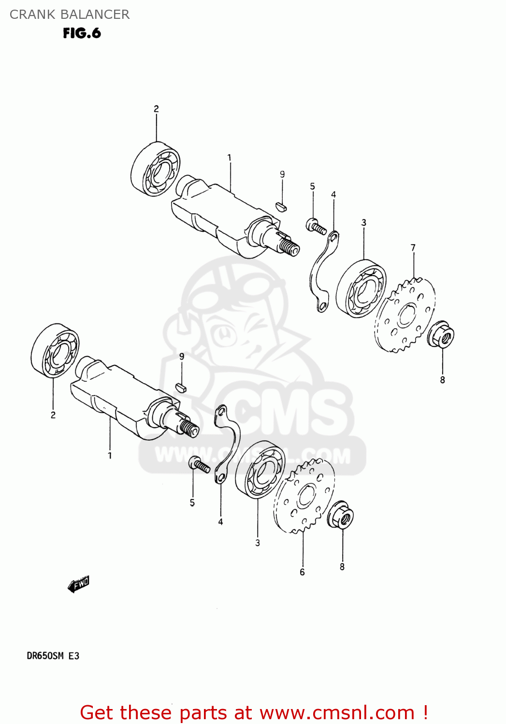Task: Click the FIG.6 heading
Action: coord(82,33)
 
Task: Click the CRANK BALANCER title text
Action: coord(70,14)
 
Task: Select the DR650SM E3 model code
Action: coord(53,655)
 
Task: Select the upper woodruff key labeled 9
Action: coord(281,207)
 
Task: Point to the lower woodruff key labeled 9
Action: coord(180,387)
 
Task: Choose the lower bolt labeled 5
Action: coord(199,464)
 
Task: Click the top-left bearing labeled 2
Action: coord(156,169)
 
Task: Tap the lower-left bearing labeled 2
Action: coord(55,351)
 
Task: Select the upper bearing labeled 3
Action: coord(361,289)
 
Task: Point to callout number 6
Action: coord(302,572)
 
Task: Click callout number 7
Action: coord(413,248)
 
